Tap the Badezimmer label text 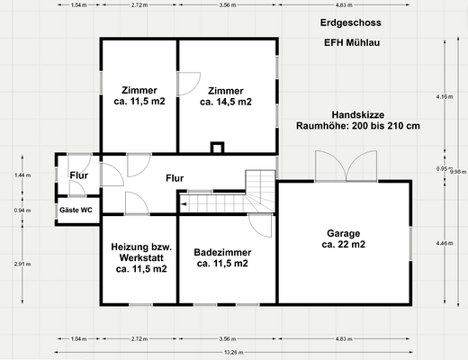coord(223,253)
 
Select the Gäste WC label coord(76,210)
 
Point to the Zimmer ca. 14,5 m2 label coord(225,96)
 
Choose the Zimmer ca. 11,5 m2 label coord(139,96)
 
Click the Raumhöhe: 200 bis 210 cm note coord(358,126)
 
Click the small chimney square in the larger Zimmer coord(216,148)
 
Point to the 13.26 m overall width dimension coord(232,352)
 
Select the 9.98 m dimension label coord(457,171)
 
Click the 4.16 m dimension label coord(443,96)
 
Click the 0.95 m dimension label coord(443,168)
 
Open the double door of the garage coord(346,167)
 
